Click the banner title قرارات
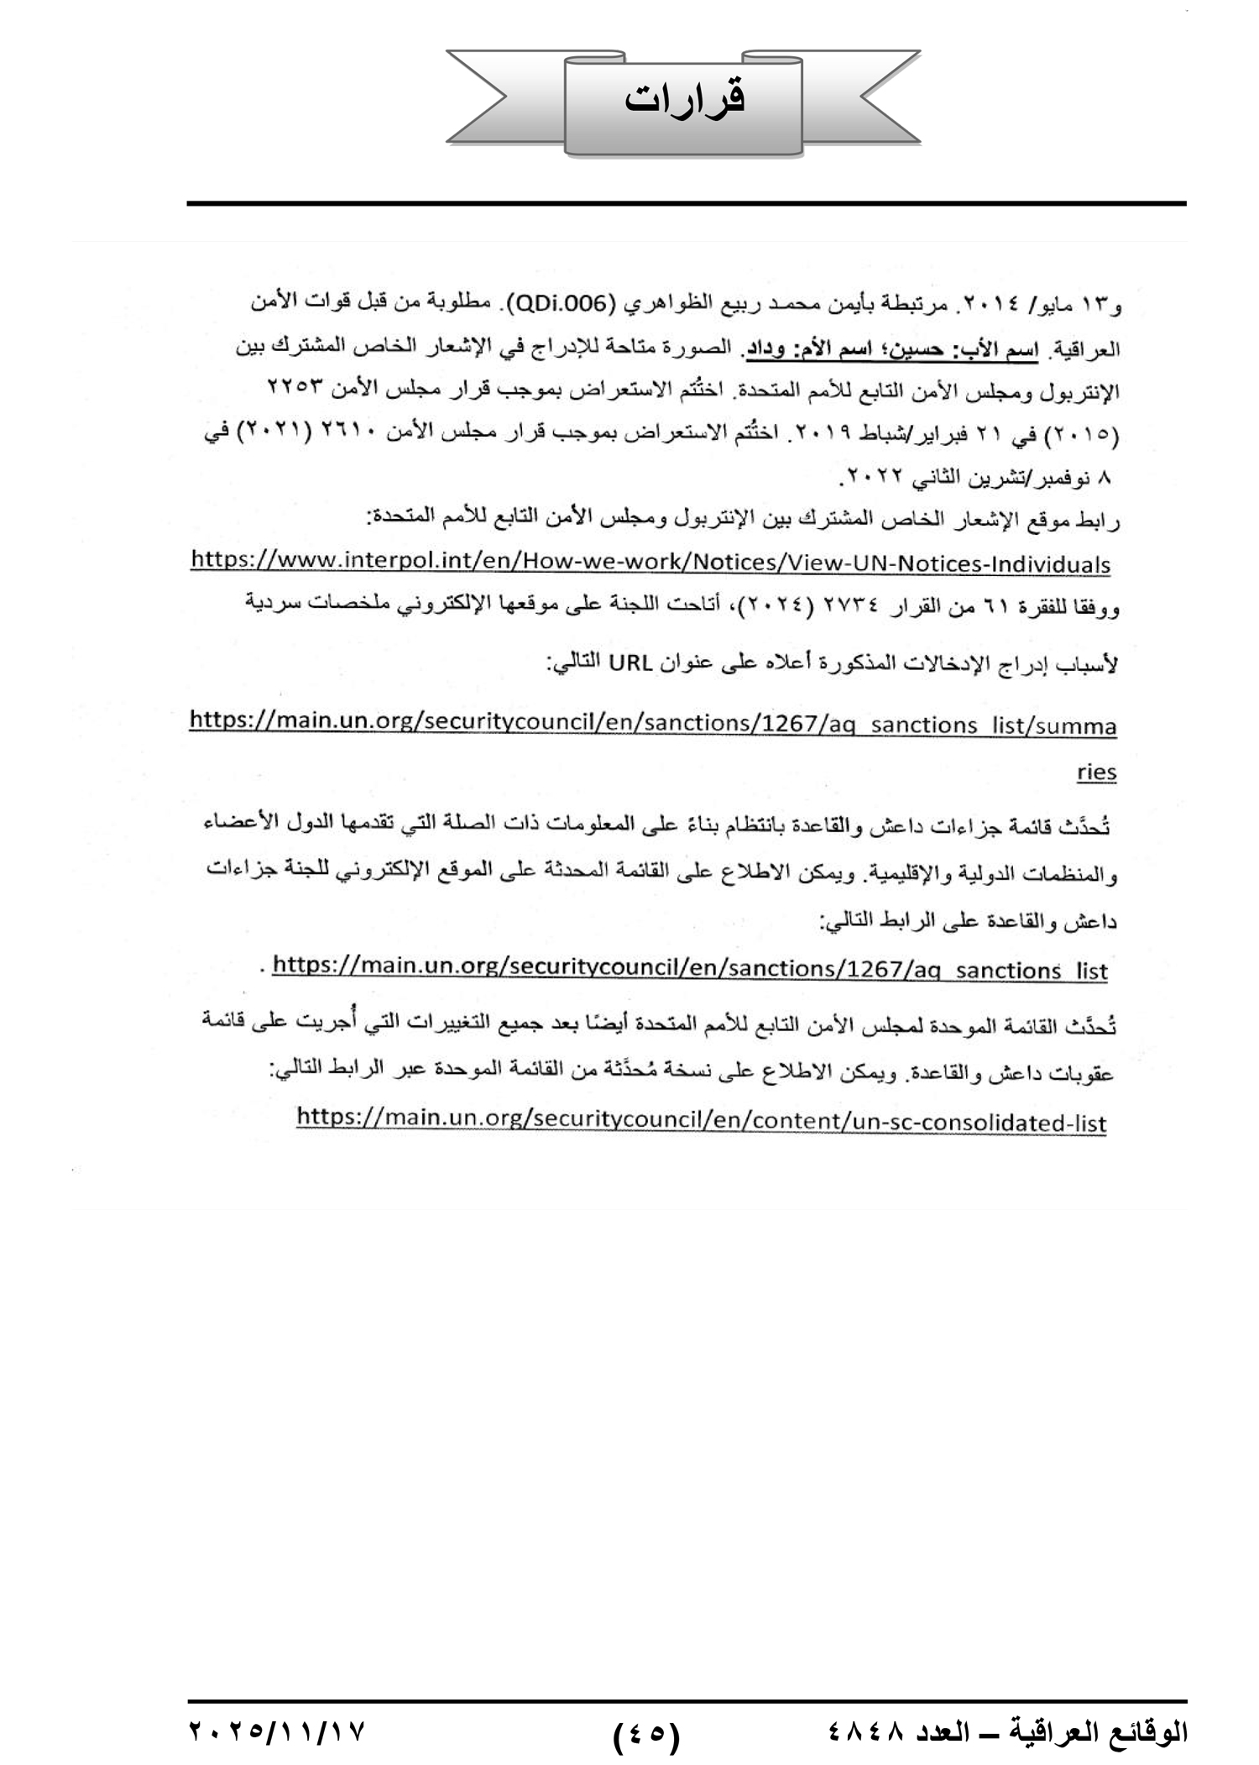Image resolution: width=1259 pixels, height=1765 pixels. pyautogui.click(x=685, y=98)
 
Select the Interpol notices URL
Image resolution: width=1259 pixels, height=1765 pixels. pyautogui.click(x=650, y=563)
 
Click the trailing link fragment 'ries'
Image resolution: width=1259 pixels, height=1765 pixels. pyautogui.click(x=1096, y=772)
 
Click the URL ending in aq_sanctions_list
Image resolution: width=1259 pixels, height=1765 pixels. pyautogui.click(x=690, y=970)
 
